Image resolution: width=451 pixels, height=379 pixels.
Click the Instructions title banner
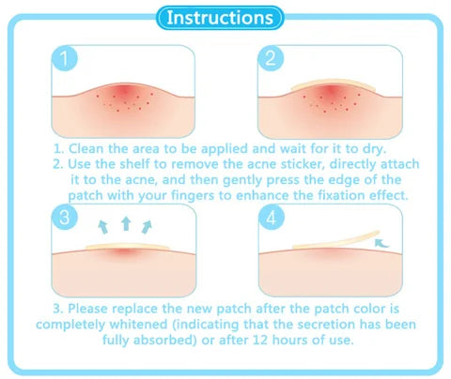point(225,17)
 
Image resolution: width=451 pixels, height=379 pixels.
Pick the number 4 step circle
point(272,220)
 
